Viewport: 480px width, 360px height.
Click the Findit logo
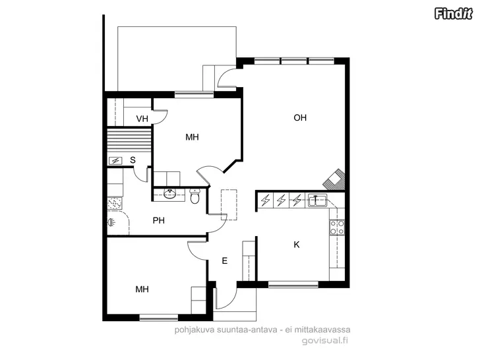click(453, 14)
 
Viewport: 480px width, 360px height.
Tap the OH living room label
click(300, 117)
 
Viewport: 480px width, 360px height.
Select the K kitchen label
click(296, 245)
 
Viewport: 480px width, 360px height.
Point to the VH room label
click(142, 119)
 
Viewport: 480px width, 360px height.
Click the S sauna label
click(133, 160)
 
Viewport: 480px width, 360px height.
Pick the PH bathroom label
click(158, 220)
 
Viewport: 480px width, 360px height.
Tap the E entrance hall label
click(224, 261)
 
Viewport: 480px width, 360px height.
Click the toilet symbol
click(195, 196)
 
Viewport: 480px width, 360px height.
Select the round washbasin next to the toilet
click(169, 194)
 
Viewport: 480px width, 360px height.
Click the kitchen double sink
click(317, 200)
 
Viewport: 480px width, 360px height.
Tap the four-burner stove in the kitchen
click(337, 227)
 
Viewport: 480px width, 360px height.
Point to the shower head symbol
click(111, 222)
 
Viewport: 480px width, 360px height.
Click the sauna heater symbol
click(115, 160)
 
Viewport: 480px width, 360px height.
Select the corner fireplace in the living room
click(334, 179)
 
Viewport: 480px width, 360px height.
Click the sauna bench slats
click(129, 140)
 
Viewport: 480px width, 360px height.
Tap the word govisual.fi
click(325, 340)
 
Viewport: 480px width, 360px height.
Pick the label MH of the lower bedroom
click(142, 289)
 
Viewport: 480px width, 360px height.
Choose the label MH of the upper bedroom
click(192, 137)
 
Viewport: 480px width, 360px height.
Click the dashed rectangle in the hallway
click(229, 205)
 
